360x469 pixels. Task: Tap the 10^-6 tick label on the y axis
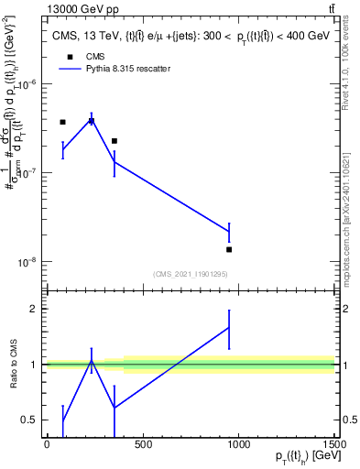click(x=27, y=84)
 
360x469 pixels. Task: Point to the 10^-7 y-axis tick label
click(x=27, y=173)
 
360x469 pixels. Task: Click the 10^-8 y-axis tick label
click(x=27, y=262)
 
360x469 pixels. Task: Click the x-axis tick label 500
click(x=142, y=445)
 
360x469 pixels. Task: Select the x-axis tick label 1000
click(x=238, y=445)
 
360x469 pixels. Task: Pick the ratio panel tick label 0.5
click(x=31, y=420)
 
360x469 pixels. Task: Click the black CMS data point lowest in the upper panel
click(x=229, y=249)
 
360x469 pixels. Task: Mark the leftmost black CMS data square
click(x=62, y=122)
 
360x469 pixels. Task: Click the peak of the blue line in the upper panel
click(x=92, y=120)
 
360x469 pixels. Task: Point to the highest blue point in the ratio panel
click(x=229, y=326)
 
